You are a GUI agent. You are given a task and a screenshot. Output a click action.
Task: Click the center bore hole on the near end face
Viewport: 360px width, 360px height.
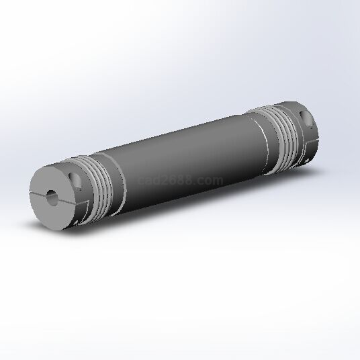(52, 197)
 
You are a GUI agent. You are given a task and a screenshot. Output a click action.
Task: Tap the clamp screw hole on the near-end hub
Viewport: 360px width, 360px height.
(75, 180)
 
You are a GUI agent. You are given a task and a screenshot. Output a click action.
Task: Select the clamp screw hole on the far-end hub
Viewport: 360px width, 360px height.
(307, 119)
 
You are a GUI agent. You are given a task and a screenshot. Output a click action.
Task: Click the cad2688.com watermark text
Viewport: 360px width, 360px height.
(181, 180)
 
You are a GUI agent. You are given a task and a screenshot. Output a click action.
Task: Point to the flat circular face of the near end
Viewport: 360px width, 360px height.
(52, 198)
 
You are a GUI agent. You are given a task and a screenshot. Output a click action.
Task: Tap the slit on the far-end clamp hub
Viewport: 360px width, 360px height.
(312, 142)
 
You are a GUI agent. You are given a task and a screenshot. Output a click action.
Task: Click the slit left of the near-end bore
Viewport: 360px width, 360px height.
(38, 193)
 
